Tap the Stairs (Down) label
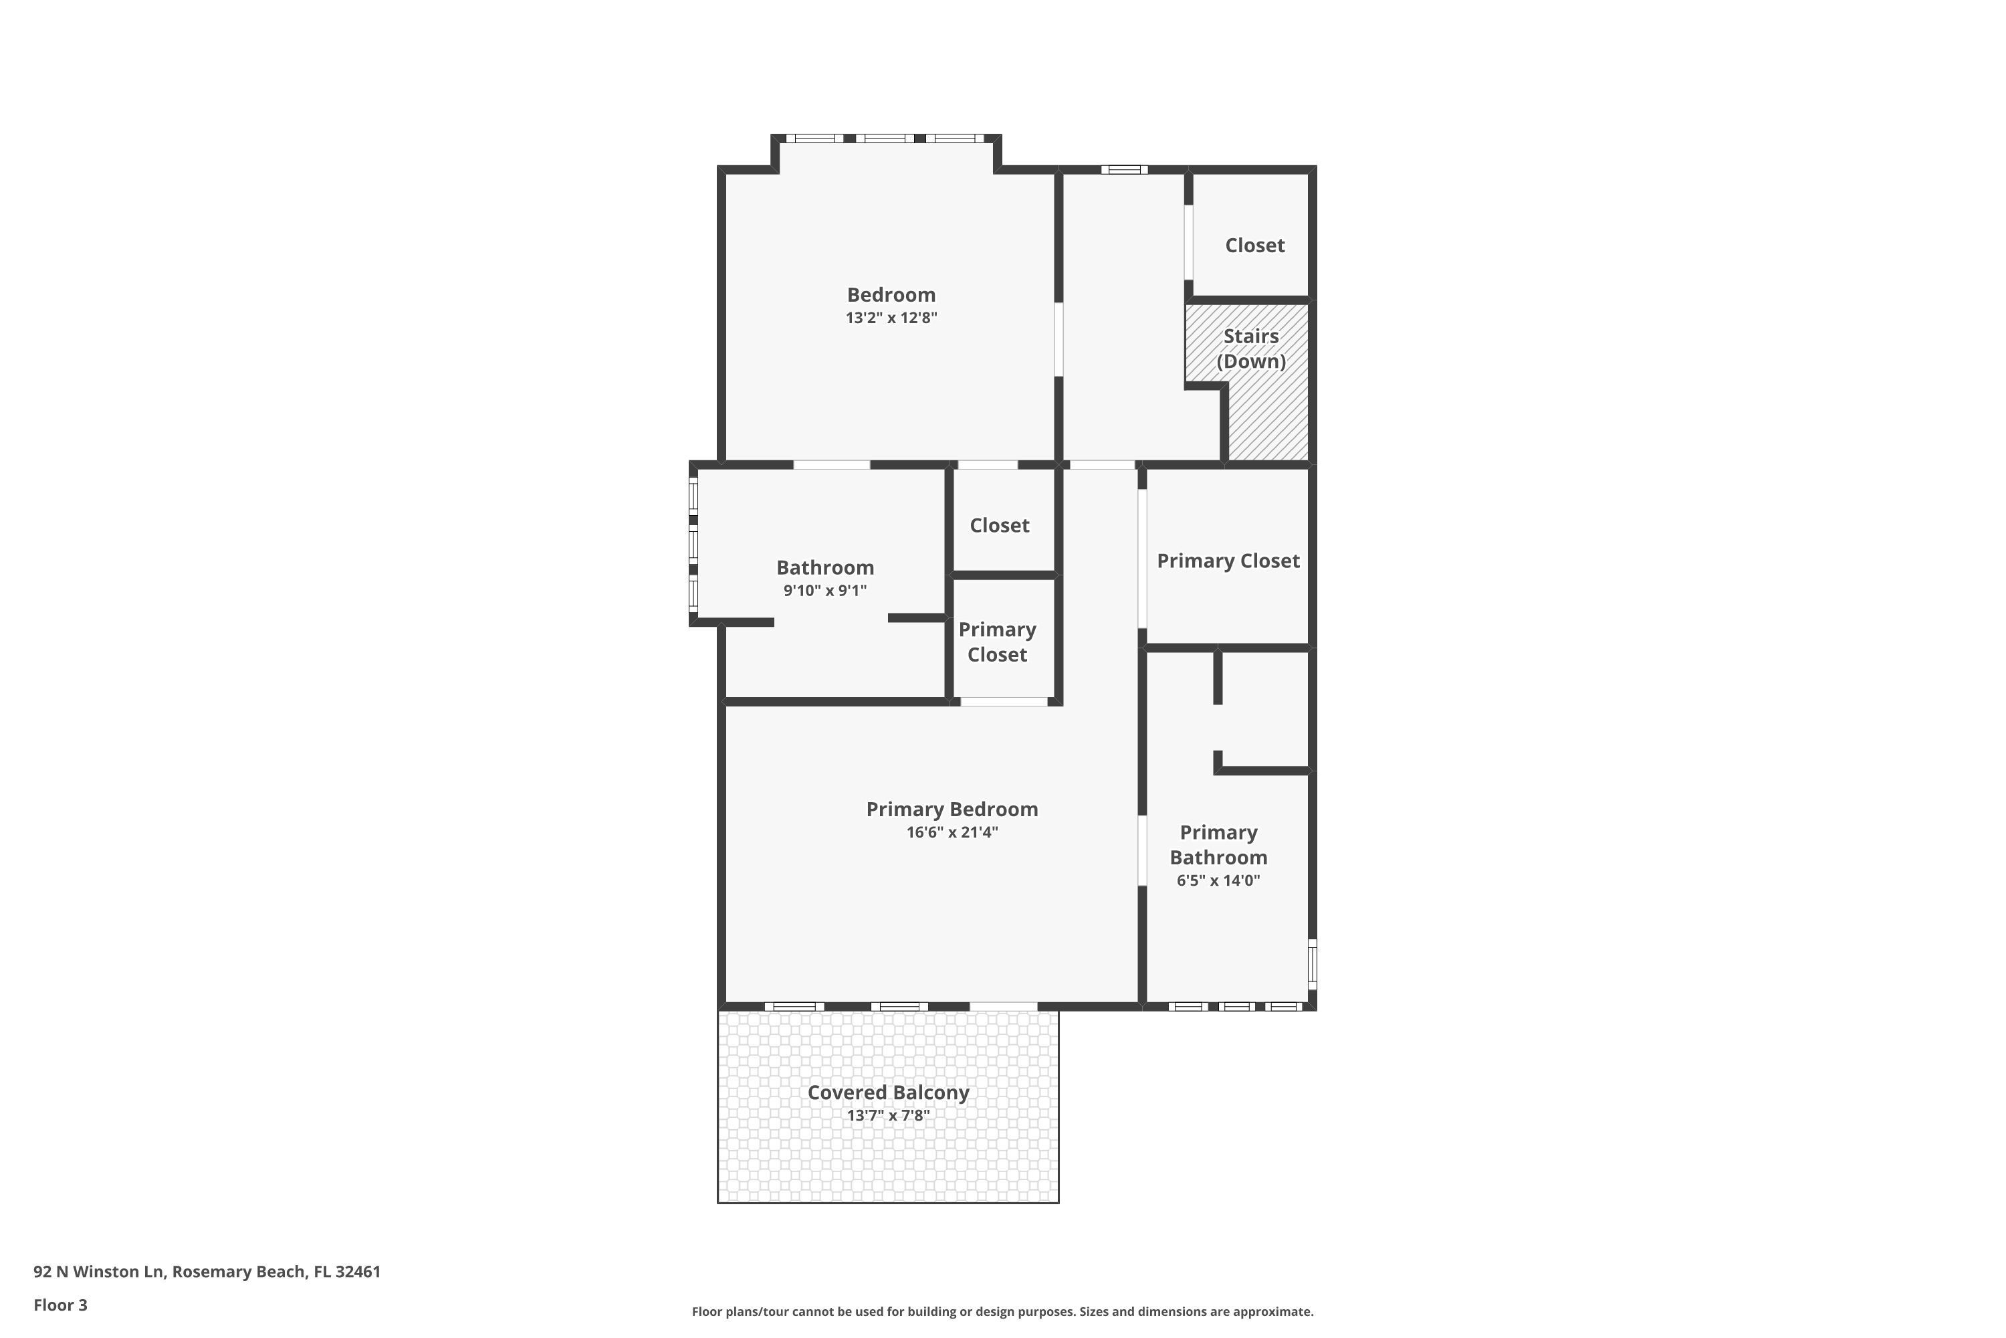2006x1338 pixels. [x=1250, y=348]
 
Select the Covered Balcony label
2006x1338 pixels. [x=888, y=1092]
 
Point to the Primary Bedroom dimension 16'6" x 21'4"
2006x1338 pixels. [x=952, y=832]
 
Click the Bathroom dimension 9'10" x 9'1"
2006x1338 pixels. [x=824, y=591]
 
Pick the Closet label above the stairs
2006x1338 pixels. [x=1254, y=246]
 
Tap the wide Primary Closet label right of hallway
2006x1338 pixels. [x=1227, y=561]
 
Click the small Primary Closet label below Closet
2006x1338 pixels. [x=997, y=642]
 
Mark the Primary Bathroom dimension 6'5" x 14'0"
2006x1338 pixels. [x=1218, y=880]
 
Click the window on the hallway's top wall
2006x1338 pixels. [x=1123, y=170]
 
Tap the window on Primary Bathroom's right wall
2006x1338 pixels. [x=1312, y=964]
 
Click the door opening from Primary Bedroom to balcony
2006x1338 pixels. [x=1003, y=1006]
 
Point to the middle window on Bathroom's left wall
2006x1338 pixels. [x=693, y=543]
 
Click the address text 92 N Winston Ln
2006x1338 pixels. [x=98, y=1272]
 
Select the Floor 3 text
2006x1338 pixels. [x=61, y=1305]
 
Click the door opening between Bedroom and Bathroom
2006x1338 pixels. [x=832, y=465]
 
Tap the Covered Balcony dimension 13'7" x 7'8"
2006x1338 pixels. [x=888, y=1115]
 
